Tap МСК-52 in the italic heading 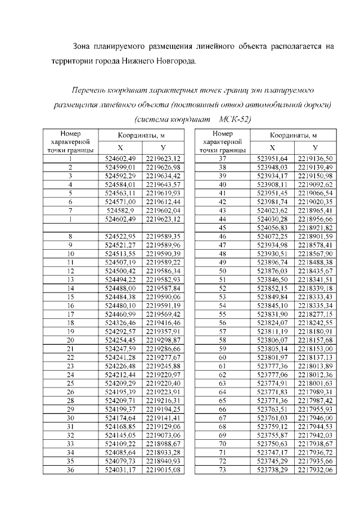click(x=233, y=119)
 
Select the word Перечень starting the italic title click(x=91, y=90)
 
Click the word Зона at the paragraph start click(x=84, y=46)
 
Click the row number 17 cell click(x=70, y=314)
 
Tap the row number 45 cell click(x=222, y=227)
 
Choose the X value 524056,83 click(x=272, y=227)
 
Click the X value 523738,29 click(x=272, y=469)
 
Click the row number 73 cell click(x=222, y=469)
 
